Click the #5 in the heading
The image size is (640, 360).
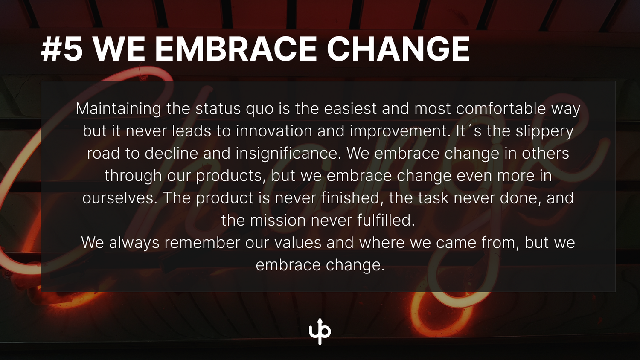tap(62, 49)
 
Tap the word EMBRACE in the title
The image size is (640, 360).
tap(236, 49)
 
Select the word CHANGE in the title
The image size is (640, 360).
tap(398, 49)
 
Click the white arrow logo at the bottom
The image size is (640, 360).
tap(320, 331)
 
